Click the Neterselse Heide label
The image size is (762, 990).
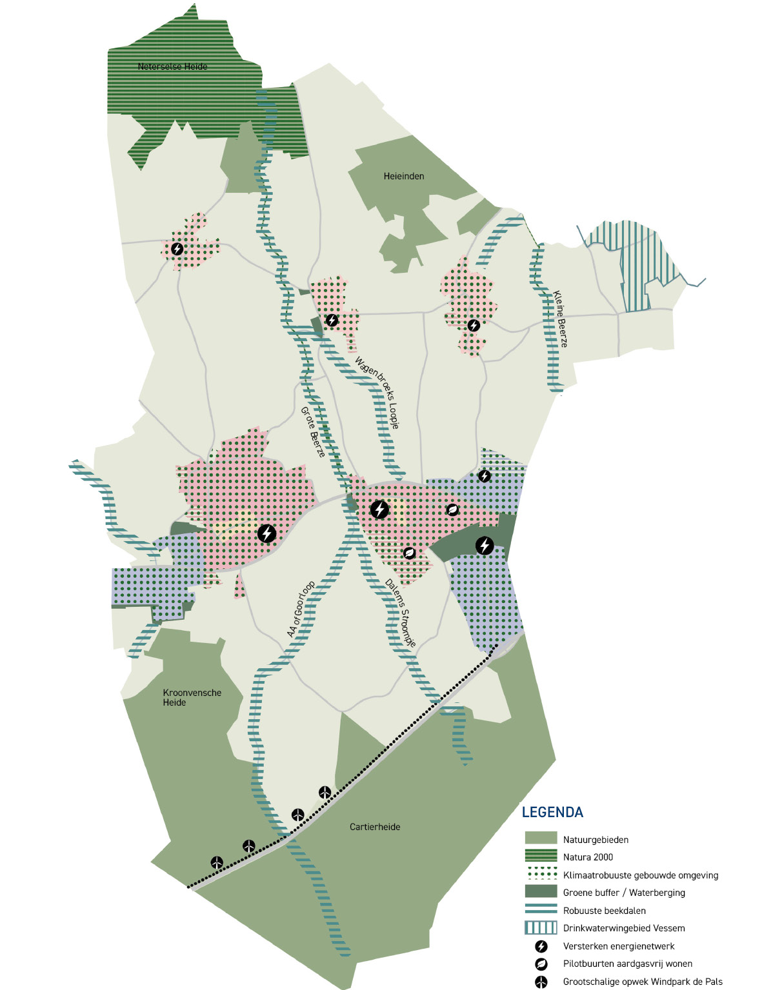click(172, 66)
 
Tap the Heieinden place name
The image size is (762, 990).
click(404, 176)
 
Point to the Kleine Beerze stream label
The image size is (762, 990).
click(560, 319)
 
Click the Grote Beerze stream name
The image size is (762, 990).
click(313, 432)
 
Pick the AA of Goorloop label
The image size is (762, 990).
click(301, 609)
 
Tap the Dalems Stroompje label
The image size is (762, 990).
click(401, 613)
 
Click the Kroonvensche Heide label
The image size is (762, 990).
click(192, 697)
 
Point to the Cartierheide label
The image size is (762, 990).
click(375, 827)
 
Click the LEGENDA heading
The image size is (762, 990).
click(552, 813)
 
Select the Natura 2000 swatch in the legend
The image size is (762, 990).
click(541, 856)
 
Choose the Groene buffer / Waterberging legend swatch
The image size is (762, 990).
click(541, 892)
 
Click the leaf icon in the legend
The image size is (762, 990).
click(541, 964)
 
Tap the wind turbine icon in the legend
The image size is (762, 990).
click(541, 982)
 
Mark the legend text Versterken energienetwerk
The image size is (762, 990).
click(619, 946)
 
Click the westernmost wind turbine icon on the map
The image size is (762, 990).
click(217, 862)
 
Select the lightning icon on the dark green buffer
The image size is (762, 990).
click(485, 546)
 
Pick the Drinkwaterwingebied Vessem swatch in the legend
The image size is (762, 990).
click(541, 928)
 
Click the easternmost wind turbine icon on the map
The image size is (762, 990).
click(325, 792)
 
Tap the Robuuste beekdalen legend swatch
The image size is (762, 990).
click(541, 910)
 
